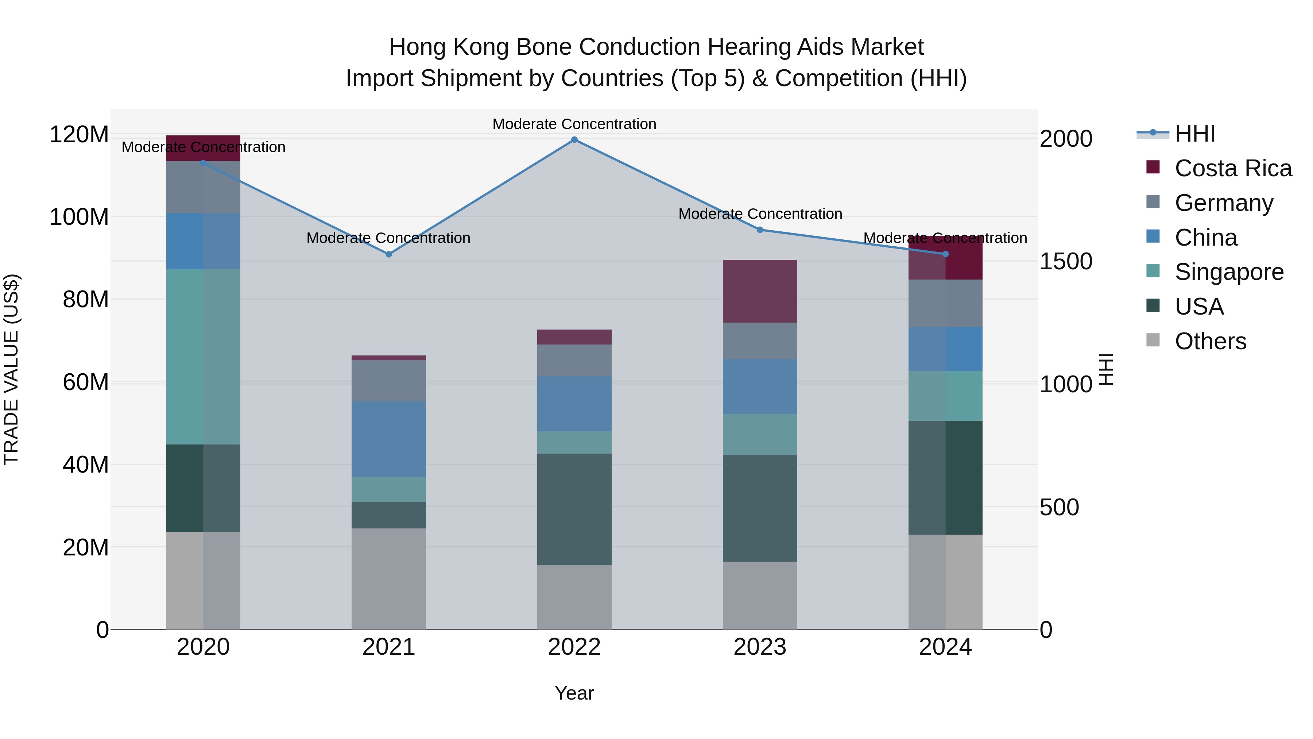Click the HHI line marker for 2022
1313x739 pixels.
pos(574,140)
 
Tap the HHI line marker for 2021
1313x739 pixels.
pos(388,254)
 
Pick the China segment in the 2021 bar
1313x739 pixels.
pos(388,439)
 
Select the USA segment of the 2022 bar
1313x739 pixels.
pos(574,509)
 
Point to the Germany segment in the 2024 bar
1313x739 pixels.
pos(945,304)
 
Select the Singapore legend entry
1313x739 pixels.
pos(1228,272)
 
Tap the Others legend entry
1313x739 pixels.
pos(1210,341)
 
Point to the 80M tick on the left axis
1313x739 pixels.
pos(86,299)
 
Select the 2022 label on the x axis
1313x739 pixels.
pos(574,647)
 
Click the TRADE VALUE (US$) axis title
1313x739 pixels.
pos(11,369)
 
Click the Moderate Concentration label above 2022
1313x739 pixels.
pos(574,124)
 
